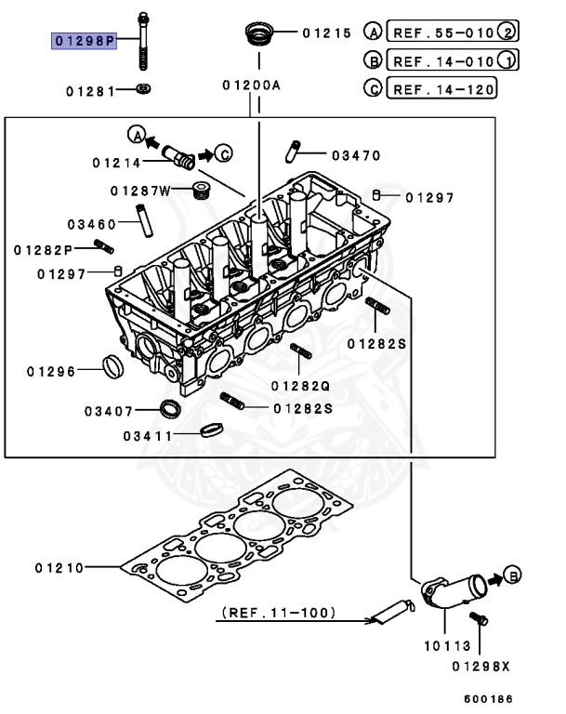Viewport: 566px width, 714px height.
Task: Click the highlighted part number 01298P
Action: point(84,41)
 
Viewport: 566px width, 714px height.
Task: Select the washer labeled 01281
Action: point(143,90)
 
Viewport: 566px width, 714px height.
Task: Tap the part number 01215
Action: point(326,33)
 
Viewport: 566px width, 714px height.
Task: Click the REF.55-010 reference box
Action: point(442,32)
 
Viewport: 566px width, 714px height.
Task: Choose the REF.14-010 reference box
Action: point(442,61)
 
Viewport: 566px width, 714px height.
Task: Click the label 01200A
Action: point(251,86)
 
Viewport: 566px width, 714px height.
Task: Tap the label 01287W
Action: point(139,192)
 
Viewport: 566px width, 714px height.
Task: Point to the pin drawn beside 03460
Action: point(145,224)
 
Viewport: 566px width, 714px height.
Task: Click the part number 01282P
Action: point(44,250)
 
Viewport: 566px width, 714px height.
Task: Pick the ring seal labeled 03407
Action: point(171,408)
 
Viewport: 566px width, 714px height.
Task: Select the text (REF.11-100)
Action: point(279,613)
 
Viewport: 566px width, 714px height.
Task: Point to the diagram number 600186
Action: point(488,697)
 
